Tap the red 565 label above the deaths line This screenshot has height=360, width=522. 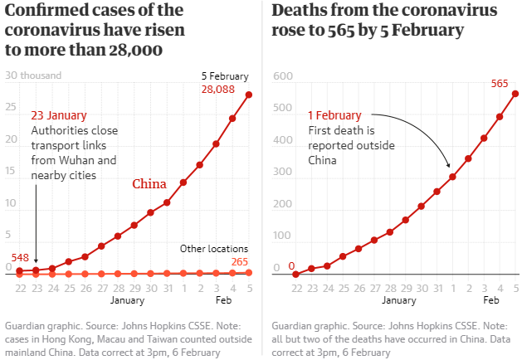(x=499, y=83)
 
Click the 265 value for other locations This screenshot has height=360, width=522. (x=240, y=261)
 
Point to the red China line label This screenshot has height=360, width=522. (x=149, y=183)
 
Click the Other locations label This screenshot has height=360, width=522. (x=214, y=248)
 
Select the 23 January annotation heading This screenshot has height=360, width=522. (x=58, y=116)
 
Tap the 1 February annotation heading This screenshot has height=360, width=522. (x=334, y=115)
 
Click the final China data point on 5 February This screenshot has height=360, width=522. (x=249, y=95)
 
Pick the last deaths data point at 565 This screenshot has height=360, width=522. (x=515, y=94)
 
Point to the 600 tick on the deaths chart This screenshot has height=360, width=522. (x=284, y=76)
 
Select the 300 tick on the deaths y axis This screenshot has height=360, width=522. (x=284, y=173)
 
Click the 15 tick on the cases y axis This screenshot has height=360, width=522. (x=11, y=173)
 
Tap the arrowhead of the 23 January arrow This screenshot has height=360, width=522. (x=37, y=260)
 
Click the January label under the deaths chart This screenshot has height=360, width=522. (x=399, y=299)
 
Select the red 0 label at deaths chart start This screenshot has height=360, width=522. (x=291, y=265)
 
